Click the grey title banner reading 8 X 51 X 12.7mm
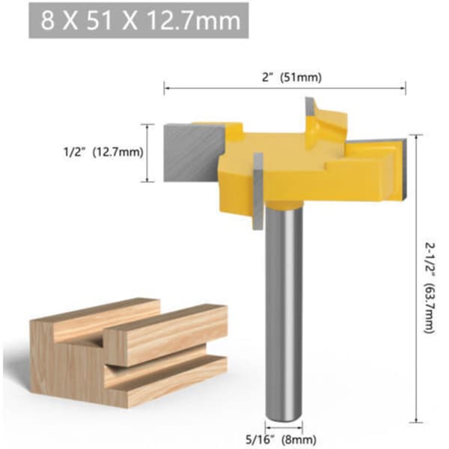click(x=138, y=20)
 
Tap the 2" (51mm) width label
click(x=292, y=77)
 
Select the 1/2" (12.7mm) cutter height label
click(x=103, y=152)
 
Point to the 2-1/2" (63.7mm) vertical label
click(x=430, y=288)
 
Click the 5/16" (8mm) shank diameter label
click(x=281, y=439)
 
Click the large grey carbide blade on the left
click(x=193, y=153)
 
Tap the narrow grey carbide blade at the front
click(x=258, y=191)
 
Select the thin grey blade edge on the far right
click(x=404, y=168)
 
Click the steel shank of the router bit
click(x=284, y=314)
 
